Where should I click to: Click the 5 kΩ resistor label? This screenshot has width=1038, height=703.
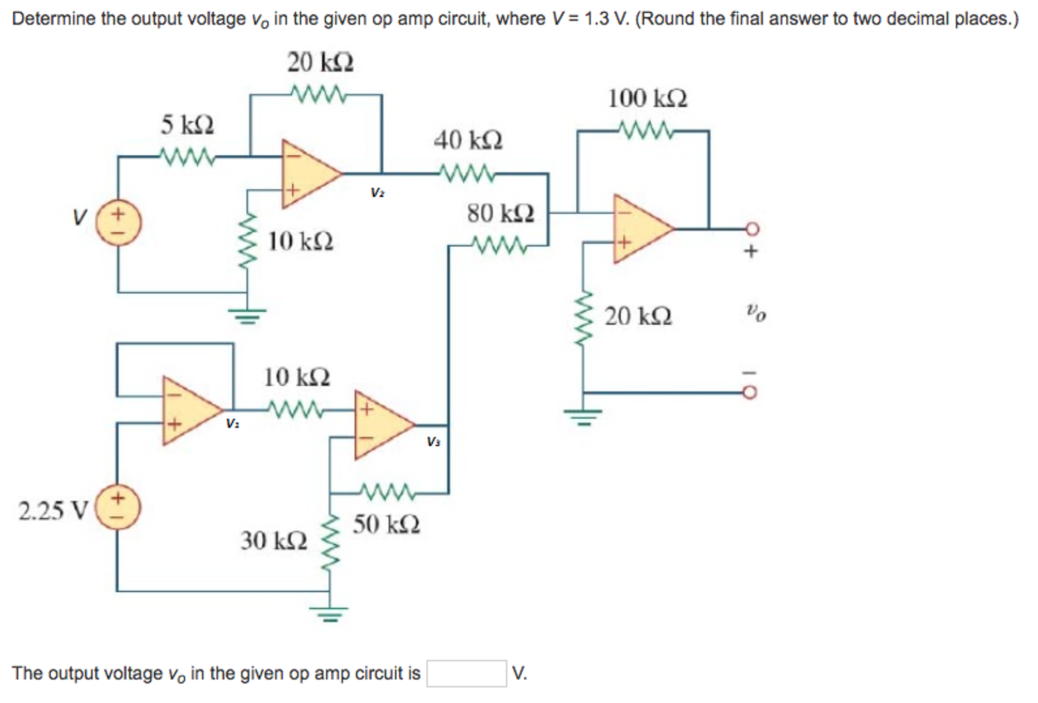(x=187, y=125)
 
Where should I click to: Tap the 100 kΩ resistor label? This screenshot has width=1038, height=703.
(x=647, y=98)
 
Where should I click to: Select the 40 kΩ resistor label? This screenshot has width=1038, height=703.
(x=468, y=140)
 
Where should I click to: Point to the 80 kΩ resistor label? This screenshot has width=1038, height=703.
(x=500, y=213)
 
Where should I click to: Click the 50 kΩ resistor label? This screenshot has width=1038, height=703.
(x=387, y=524)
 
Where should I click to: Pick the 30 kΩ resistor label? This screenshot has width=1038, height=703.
(x=274, y=541)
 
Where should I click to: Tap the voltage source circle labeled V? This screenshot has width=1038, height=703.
(x=119, y=223)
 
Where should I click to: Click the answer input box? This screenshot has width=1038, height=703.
(x=466, y=673)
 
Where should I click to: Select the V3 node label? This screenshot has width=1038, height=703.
(x=433, y=442)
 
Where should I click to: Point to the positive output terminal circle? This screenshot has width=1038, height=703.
(x=752, y=229)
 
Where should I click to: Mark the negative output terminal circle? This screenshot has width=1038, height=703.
(x=751, y=393)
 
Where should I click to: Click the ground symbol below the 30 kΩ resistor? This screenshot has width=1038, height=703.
(x=330, y=614)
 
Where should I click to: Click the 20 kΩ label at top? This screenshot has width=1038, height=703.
(x=320, y=63)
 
